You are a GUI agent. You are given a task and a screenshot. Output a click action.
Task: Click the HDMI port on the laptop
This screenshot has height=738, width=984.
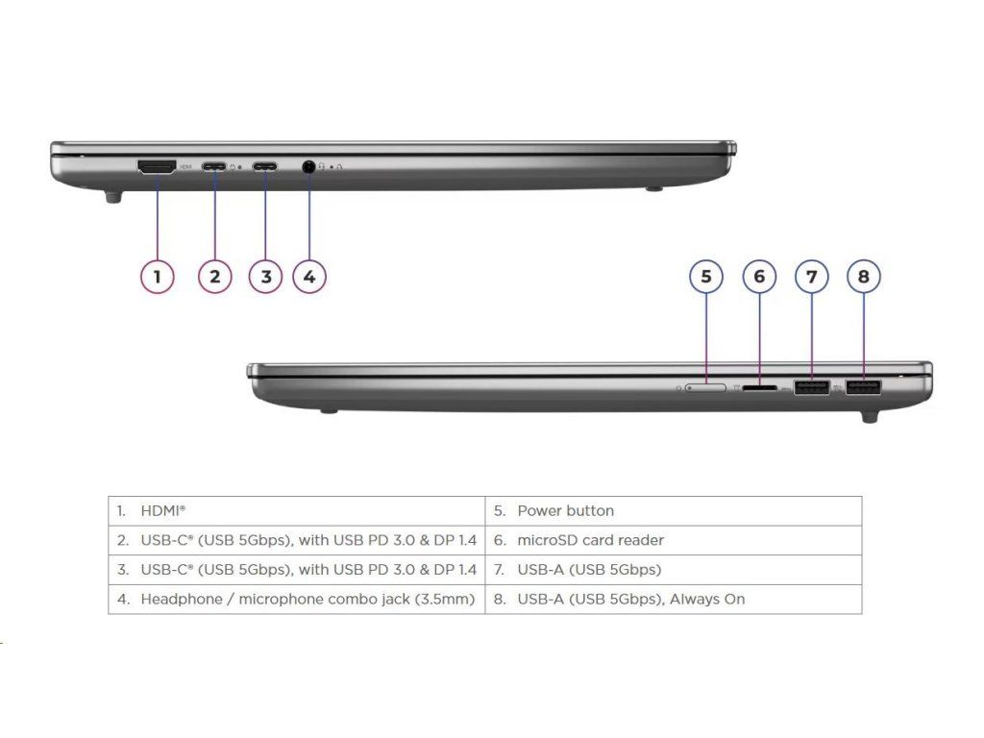157,167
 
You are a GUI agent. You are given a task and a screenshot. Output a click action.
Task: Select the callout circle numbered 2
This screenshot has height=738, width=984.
214,277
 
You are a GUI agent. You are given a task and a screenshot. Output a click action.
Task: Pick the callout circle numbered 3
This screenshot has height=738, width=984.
266,277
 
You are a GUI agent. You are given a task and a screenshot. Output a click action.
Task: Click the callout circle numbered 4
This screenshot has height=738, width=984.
308,277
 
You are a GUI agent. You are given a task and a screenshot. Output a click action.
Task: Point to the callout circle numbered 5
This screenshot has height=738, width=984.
706,277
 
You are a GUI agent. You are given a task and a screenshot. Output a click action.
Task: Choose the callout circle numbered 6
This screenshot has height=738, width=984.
759,277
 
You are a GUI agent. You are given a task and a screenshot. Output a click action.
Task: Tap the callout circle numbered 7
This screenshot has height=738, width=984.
812,277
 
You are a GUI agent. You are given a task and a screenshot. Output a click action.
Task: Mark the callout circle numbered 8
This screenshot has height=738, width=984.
864,277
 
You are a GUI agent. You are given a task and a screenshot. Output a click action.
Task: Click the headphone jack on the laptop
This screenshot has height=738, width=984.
308,166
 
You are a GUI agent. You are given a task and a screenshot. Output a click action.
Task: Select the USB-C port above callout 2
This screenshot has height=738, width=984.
214,166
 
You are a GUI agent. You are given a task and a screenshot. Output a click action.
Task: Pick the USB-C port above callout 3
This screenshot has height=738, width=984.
266,166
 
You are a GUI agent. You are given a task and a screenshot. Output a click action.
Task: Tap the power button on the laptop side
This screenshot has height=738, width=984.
706,388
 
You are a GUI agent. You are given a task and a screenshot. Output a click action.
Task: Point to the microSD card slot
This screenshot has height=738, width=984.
760,389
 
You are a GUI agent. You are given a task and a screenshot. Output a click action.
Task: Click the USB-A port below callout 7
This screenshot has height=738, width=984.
812,388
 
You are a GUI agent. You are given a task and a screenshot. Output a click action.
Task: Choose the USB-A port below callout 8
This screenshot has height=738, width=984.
863,388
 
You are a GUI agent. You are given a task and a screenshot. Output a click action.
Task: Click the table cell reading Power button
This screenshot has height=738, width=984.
565,510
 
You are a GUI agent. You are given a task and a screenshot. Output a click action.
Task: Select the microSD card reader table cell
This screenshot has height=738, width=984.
590,540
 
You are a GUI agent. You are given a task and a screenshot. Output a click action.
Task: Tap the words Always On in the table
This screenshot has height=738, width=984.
707,599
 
